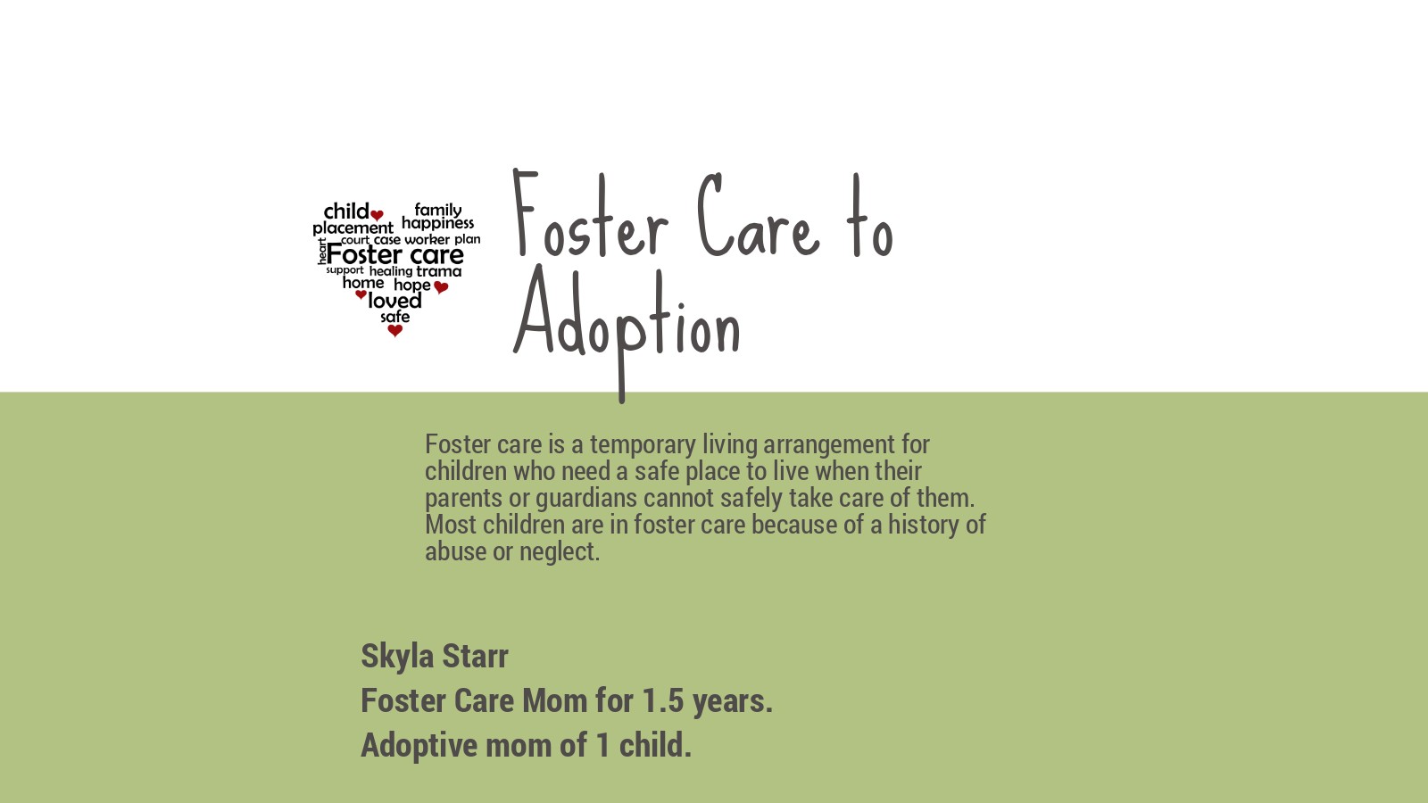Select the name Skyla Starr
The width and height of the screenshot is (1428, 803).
coord(435,656)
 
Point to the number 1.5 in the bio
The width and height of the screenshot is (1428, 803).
coord(662,701)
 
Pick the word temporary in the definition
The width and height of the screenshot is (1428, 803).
coord(643,444)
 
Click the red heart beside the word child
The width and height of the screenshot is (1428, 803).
coord(378,215)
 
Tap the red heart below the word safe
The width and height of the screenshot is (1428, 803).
coord(395,331)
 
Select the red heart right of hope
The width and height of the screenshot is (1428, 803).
coord(441,287)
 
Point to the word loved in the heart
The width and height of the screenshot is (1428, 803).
coord(394,302)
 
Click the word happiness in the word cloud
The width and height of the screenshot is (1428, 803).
coord(437,223)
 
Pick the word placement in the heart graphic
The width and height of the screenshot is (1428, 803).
coord(353,228)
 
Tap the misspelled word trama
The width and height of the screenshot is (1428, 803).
coord(439,271)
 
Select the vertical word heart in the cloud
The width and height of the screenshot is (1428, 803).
coord(322,252)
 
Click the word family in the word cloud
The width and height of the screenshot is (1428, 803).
coord(438,210)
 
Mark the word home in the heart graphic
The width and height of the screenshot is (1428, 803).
coord(363,283)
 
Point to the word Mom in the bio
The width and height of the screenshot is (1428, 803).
coord(554,701)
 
